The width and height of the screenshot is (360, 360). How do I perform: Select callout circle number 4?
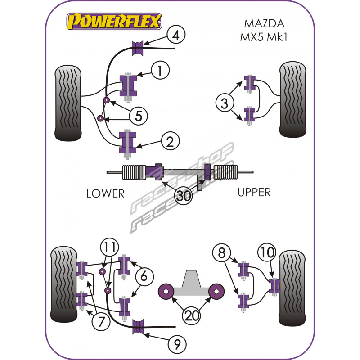pos(177,35)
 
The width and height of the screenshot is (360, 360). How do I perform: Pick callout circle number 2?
pos(170,142)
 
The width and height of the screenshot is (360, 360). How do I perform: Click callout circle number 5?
pos(138,116)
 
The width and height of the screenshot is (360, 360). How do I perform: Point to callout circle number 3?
pos(224,104)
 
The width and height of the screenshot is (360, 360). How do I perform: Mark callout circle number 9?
pos(177,345)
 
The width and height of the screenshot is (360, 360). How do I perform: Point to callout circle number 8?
pos(221,253)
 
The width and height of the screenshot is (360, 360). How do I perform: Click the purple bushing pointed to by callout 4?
pos(137,48)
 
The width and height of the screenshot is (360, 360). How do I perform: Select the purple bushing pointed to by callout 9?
pos(139,327)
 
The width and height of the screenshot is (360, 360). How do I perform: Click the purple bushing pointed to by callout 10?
pos(274,285)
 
